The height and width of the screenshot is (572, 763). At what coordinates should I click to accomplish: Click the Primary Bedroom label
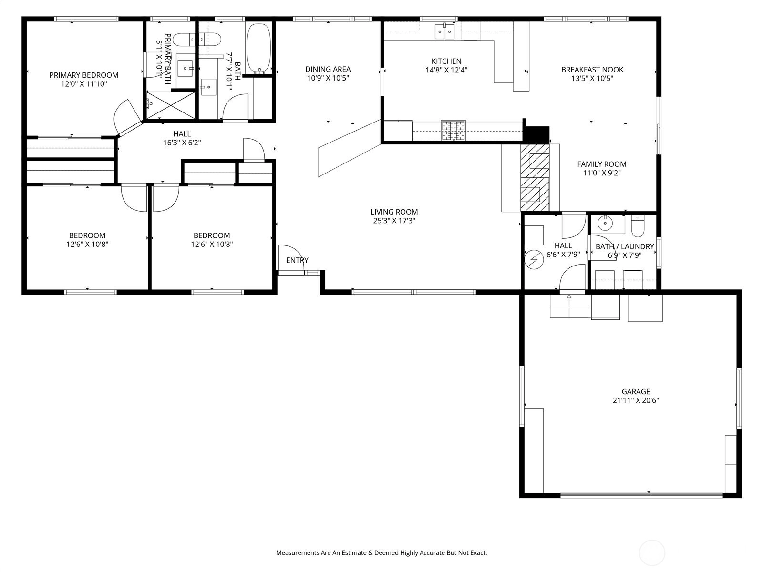point(84,75)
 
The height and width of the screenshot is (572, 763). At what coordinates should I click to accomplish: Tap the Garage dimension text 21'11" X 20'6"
point(636,400)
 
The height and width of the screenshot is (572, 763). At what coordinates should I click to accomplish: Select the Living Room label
point(394,212)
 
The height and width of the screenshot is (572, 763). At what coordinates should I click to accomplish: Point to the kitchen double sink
point(444,31)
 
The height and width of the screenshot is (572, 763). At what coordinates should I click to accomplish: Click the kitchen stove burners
point(454,131)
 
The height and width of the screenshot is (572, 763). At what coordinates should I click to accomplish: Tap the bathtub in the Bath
point(258,48)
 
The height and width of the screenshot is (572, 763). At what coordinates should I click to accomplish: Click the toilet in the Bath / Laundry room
point(638,226)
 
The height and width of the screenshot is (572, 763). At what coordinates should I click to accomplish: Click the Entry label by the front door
point(297,260)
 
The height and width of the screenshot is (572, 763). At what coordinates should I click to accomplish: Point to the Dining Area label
point(328,70)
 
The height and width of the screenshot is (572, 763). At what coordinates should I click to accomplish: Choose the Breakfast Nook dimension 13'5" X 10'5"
point(592,79)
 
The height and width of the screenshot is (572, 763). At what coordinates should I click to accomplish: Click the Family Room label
point(602,164)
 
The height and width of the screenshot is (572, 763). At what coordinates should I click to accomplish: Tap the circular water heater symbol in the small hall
point(534,259)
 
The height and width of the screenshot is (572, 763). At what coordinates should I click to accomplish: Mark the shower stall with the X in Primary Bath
point(171,105)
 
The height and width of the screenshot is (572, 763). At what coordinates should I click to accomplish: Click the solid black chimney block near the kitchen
point(536,134)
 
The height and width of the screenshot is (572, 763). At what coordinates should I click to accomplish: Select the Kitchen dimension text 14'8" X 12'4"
point(446,70)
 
